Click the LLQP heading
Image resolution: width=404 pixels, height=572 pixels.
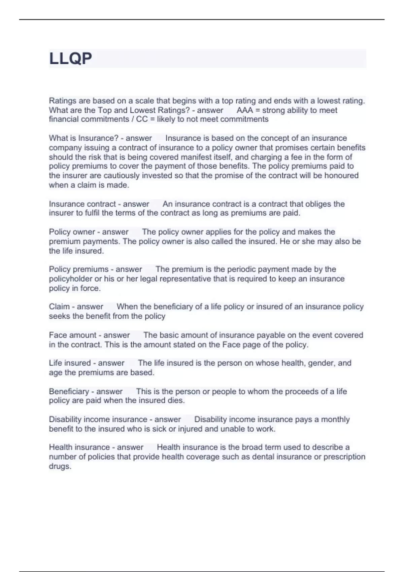70,59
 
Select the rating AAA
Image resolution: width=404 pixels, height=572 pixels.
244,110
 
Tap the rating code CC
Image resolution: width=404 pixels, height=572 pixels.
142,119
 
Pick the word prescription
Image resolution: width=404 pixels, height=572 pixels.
344,457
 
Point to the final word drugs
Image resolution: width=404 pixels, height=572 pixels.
60,466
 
